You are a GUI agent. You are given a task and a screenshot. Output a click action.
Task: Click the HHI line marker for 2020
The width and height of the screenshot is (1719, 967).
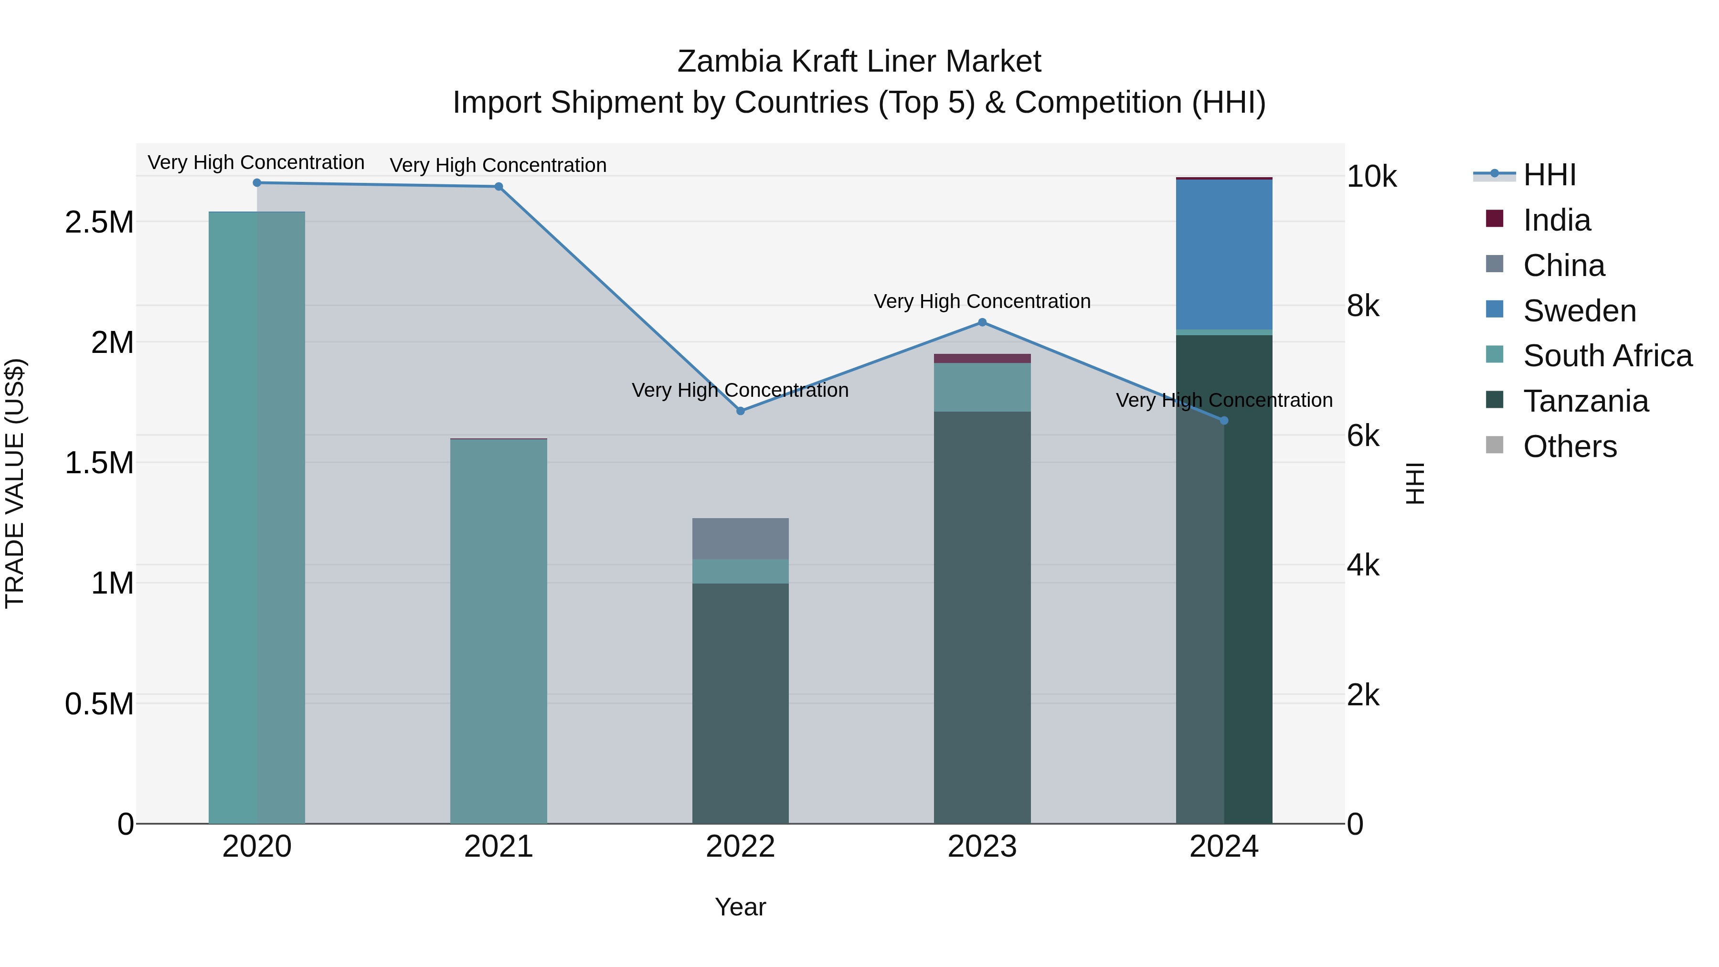click(257, 183)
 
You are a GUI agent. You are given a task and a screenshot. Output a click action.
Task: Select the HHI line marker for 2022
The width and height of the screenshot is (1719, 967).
click(740, 411)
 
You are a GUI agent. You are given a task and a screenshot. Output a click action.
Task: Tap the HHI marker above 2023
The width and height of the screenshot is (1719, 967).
click(982, 322)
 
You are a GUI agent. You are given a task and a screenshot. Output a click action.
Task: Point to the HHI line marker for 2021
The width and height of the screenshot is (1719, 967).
click(499, 187)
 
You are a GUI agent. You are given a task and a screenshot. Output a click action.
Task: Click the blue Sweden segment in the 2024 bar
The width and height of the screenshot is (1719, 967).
click(1224, 254)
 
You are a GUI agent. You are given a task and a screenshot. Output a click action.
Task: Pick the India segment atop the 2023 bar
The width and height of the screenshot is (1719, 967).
click(982, 358)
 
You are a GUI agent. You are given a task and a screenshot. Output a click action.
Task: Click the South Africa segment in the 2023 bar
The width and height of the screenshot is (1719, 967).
click(982, 387)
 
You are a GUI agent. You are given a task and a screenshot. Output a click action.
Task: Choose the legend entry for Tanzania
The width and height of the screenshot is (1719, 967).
click(1585, 401)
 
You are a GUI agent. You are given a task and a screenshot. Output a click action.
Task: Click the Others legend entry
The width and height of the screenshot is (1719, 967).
click(1570, 446)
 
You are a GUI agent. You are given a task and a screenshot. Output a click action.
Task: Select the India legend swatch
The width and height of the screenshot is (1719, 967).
click(1495, 219)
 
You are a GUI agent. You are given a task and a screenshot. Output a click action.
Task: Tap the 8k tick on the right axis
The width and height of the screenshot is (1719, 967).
click(1363, 306)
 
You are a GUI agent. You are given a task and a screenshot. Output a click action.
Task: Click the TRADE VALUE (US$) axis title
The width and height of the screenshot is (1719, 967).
click(15, 483)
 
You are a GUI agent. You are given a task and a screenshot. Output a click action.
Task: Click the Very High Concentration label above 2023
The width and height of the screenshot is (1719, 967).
click(982, 302)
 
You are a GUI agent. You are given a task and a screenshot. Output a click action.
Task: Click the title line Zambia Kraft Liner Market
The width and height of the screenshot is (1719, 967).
click(859, 62)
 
